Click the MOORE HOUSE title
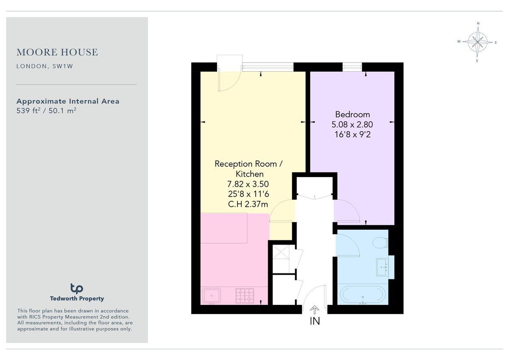[57, 52]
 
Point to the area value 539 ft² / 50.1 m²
[46, 111]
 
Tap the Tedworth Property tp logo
[77, 288]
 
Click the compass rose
[478, 42]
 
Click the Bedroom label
[352, 114]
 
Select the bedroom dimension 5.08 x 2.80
[352, 124]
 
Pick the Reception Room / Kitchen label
[246, 169]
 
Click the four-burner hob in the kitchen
[245, 295]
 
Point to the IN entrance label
[315, 321]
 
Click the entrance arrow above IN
[315, 309]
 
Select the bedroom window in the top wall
[352, 67]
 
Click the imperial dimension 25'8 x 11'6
[248, 194]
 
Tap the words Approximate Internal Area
[68, 101]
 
